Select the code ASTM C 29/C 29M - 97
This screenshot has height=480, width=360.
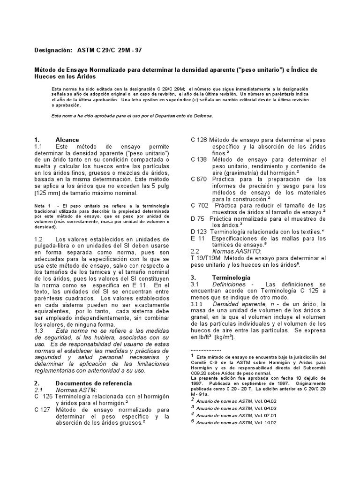(109, 50)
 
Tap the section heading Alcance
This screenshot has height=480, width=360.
(67, 140)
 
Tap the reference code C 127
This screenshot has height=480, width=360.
(43, 409)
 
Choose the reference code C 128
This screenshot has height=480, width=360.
(199, 140)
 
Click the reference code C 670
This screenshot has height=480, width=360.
(199, 179)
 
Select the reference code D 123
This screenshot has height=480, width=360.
(199, 232)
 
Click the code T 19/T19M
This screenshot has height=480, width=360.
(204, 258)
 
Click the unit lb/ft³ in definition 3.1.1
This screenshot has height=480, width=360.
(202, 337)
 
